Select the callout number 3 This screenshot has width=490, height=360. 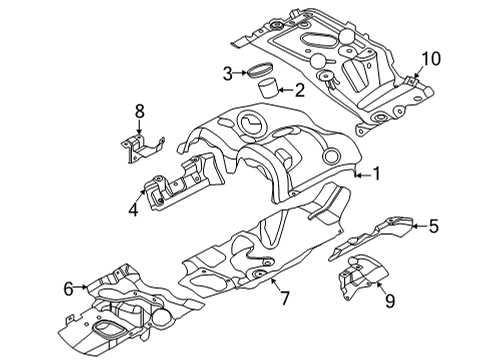(x=229, y=72)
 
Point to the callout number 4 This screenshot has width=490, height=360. (x=133, y=210)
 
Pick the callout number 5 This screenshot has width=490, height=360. (x=433, y=227)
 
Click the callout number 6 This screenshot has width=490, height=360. (x=69, y=289)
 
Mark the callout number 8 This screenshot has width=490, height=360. (x=140, y=112)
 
